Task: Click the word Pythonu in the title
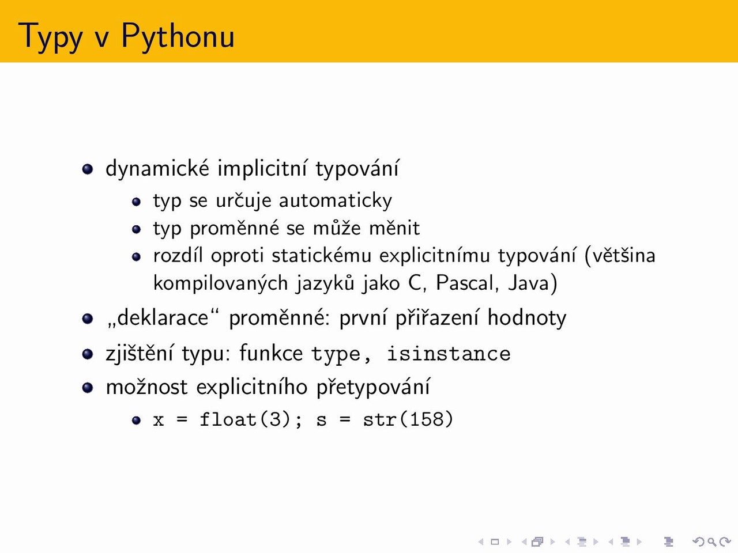tap(178, 37)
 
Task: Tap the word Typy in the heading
tap(50, 37)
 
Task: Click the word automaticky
tap(335, 201)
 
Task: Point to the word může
tap(337, 228)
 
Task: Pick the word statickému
tap(321, 256)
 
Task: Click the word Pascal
tap(465, 283)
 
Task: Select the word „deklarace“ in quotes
tap(163, 317)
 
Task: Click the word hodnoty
tap(527, 318)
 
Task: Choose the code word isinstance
tap(449, 354)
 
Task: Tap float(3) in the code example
tap(245, 420)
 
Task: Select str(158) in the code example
tap(408, 420)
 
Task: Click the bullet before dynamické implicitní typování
tap(88, 169)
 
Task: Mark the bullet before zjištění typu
tap(88, 354)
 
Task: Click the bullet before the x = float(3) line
tap(136, 421)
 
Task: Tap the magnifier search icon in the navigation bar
tap(712, 541)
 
